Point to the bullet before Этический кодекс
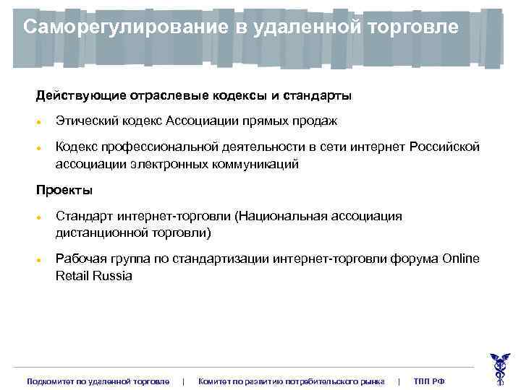point(41,122)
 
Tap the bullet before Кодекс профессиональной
point(41,148)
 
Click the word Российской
point(444,147)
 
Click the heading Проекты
point(64,191)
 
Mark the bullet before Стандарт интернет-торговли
point(41,217)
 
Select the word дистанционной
point(101,233)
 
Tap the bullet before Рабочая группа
point(41,260)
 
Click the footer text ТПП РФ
point(429,381)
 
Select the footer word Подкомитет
point(51,381)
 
